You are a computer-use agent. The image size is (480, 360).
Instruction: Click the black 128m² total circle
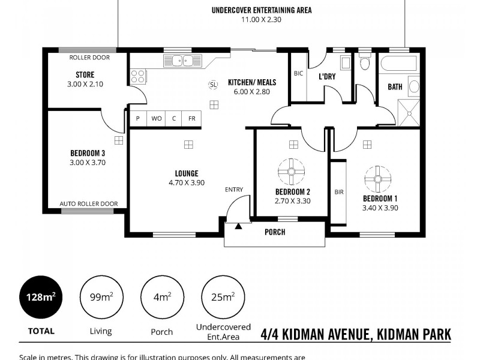pyautogui.click(x=41, y=296)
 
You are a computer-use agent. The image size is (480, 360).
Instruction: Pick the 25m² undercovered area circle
pyautogui.click(x=223, y=296)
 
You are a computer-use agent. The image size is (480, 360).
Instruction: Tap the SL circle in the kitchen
pyautogui.click(x=213, y=85)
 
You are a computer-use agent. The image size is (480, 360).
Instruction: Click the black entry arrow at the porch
pyautogui.click(x=238, y=226)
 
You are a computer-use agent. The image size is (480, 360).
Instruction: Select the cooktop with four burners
pyautogui.click(x=138, y=76)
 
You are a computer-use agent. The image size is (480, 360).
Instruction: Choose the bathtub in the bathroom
pyautogui.click(x=399, y=63)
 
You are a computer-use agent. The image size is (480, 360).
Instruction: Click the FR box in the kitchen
pyautogui.click(x=192, y=118)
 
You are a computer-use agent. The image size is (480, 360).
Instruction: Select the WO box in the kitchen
pyautogui.click(x=156, y=118)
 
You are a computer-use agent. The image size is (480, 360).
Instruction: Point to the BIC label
pyautogui.click(x=298, y=74)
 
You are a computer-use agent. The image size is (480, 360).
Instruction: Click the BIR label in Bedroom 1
pyautogui.click(x=339, y=193)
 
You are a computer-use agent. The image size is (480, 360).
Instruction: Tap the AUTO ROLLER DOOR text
pyautogui.click(x=88, y=204)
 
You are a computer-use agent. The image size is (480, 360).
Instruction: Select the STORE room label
pyautogui.click(x=85, y=75)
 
